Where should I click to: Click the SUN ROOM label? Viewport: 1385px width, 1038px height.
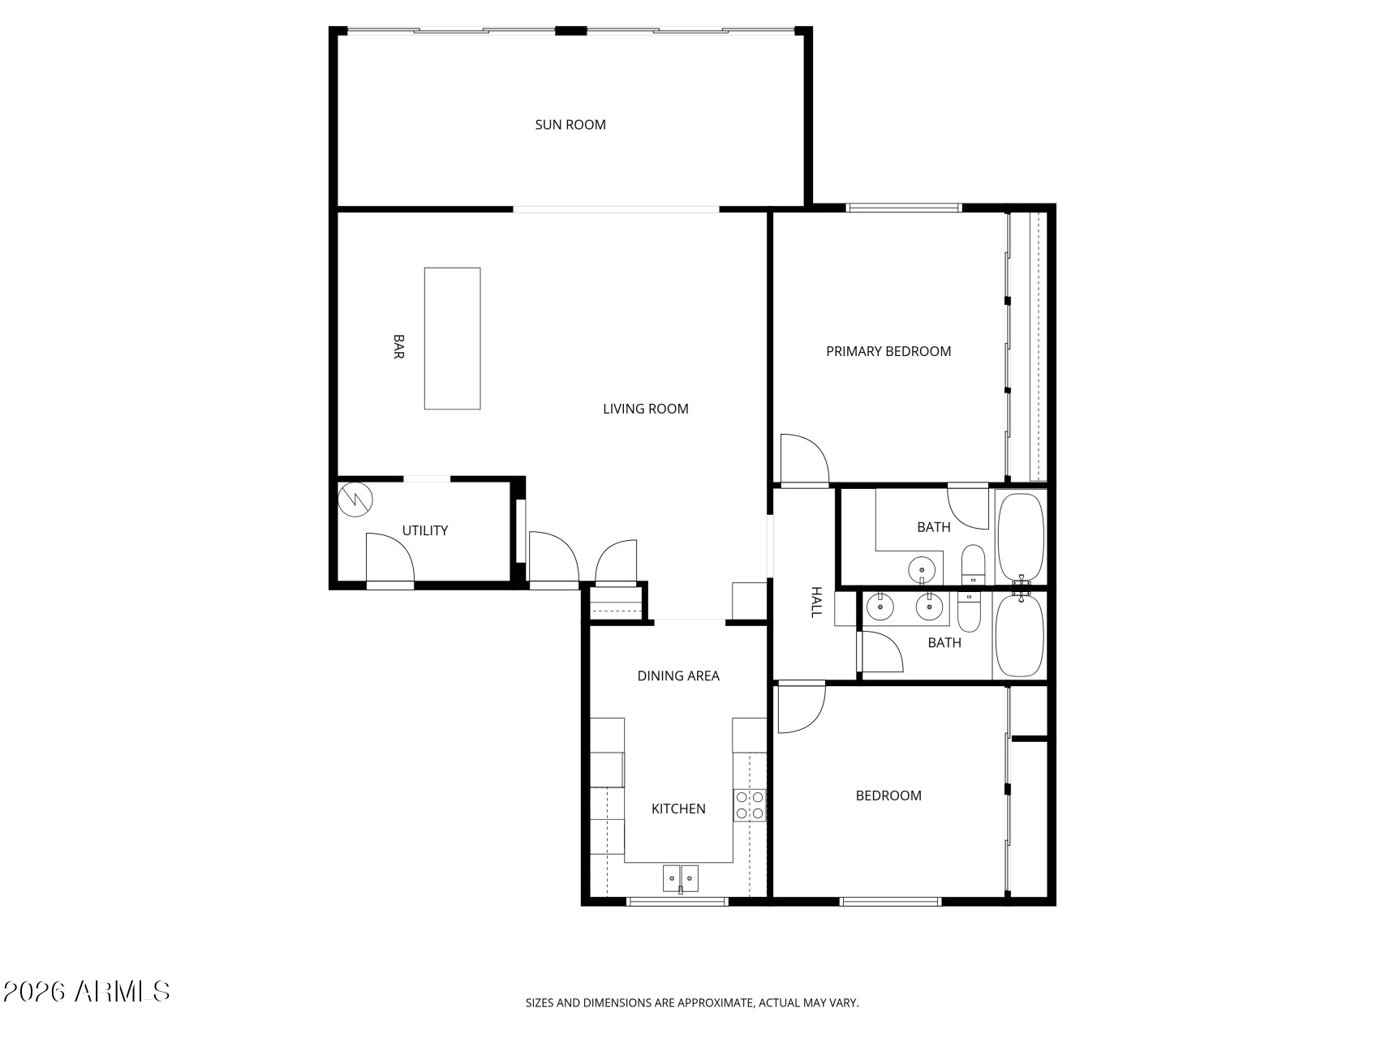pos(570,125)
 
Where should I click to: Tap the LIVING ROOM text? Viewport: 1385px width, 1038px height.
pos(646,409)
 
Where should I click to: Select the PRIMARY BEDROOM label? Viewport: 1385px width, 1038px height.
pos(888,351)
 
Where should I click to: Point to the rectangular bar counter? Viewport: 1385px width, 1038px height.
pos(453,338)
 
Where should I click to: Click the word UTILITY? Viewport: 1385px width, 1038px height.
pos(425,530)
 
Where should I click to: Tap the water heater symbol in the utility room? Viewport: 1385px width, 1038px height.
pos(355,500)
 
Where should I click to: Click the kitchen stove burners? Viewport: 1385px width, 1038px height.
pos(750,804)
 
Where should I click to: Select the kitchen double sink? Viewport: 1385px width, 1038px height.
pos(681,878)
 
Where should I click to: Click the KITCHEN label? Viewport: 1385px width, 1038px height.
pos(678,809)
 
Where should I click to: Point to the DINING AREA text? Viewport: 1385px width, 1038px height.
pos(678,676)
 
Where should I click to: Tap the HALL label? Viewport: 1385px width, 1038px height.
pos(816,603)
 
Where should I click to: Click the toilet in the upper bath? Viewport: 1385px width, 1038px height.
pos(973,564)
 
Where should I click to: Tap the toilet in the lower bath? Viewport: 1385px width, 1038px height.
pos(970,612)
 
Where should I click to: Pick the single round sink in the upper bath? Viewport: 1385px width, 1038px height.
pos(922,570)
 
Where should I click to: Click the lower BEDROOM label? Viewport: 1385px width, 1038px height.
pos(888,796)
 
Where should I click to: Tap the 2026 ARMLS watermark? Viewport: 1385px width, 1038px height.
pos(87,991)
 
